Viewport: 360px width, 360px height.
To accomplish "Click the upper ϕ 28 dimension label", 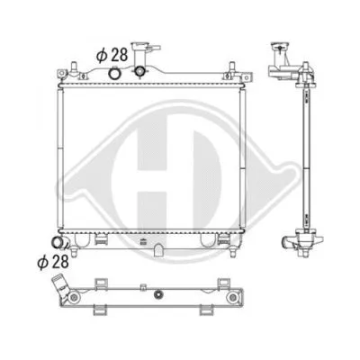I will click(x=110, y=55).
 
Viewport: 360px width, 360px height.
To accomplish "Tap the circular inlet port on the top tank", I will click(x=115, y=74).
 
